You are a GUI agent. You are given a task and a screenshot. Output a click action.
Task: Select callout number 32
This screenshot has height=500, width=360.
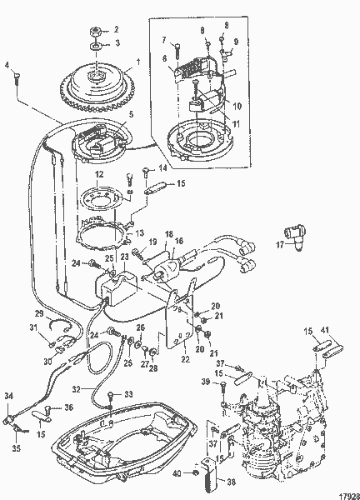[77, 387]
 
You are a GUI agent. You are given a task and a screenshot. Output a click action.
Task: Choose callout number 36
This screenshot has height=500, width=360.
[69, 407]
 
